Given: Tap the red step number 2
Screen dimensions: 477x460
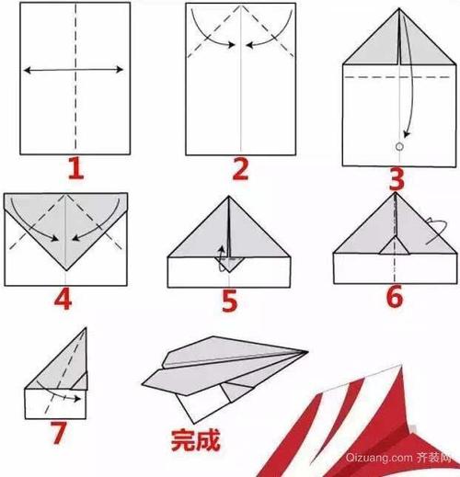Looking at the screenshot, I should (x=240, y=167).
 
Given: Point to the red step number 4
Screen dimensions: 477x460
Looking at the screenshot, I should (x=63, y=298).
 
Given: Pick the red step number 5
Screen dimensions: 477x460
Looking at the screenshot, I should (x=227, y=301).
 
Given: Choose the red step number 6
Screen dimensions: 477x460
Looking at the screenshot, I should (x=396, y=298).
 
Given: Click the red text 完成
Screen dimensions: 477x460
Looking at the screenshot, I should (x=195, y=438).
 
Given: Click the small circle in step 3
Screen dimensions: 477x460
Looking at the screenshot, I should (x=398, y=146).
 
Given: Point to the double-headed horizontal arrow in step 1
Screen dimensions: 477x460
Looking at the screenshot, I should (x=74, y=69).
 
